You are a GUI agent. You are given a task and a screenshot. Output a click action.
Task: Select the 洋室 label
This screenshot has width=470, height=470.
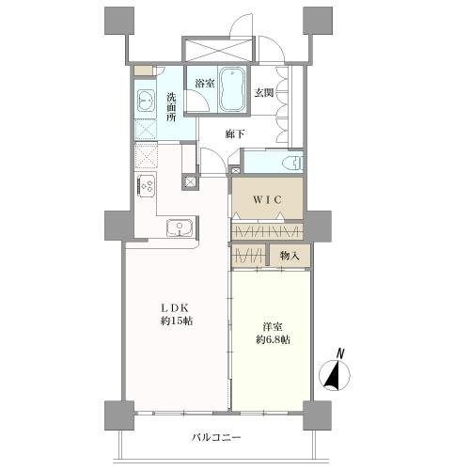[x=273, y=327]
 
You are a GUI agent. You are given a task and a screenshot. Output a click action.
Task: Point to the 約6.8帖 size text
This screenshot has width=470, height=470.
[x=273, y=339]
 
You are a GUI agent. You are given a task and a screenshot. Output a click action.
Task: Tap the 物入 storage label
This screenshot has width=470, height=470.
[x=289, y=255]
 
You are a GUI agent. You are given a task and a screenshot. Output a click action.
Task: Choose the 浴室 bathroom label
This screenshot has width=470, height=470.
[x=203, y=84]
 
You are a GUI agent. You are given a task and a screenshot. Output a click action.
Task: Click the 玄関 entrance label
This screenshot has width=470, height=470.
[x=263, y=93]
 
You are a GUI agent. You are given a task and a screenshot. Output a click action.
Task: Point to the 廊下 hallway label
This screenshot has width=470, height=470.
[x=235, y=133]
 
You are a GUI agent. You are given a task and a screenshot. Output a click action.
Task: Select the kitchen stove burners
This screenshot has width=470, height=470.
[x=149, y=185]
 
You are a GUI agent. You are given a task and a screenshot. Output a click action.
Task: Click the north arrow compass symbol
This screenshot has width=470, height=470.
[x=335, y=376]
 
